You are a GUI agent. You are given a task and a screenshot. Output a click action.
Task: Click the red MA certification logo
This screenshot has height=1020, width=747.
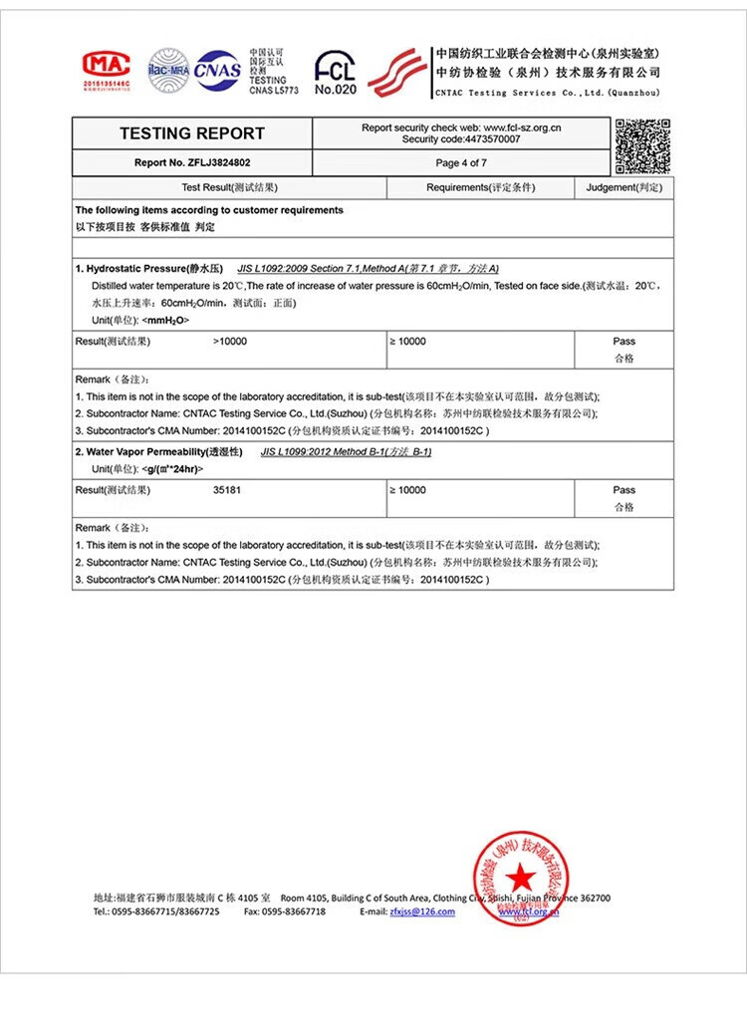pyautogui.click(x=107, y=68)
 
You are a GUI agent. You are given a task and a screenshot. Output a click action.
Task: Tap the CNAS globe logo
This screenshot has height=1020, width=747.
pyautogui.click(x=217, y=71)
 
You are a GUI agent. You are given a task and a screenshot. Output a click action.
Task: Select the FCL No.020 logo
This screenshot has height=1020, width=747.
pyautogui.click(x=335, y=73)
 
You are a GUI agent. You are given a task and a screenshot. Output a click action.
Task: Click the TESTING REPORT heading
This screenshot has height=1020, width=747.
pyautogui.click(x=192, y=133)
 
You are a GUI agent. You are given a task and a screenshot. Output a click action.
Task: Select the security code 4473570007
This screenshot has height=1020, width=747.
pyautogui.click(x=489, y=139)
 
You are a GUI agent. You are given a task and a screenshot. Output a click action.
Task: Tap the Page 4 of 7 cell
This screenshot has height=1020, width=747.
pyautogui.click(x=461, y=162)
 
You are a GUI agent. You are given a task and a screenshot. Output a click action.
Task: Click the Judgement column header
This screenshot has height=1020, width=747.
pyautogui.click(x=623, y=187)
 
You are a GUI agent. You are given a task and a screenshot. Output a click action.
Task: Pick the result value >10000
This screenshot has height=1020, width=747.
pyautogui.click(x=230, y=342)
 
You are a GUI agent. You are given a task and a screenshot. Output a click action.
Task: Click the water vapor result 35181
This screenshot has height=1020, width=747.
pyautogui.click(x=228, y=490)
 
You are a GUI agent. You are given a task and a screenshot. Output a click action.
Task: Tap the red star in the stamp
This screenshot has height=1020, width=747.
pyautogui.click(x=518, y=878)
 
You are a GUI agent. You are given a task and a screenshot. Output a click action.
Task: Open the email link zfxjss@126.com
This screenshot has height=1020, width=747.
pyautogui.click(x=422, y=911)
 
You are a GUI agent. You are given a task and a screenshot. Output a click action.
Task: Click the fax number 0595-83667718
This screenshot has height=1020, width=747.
pyautogui.click(x=293, y=911)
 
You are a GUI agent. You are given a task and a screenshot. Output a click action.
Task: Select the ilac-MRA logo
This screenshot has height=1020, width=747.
pyautogui.click(x=167, y=71)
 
